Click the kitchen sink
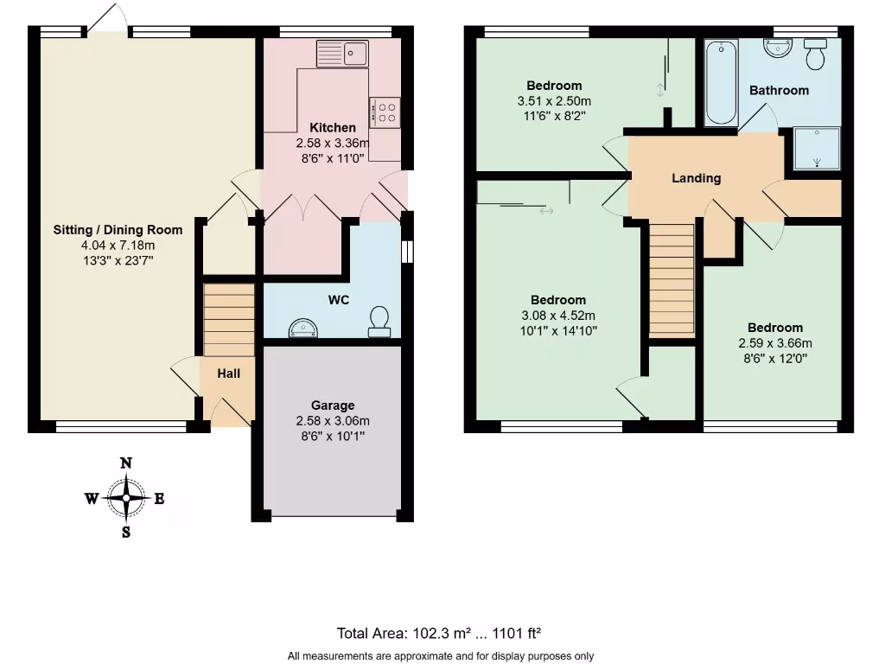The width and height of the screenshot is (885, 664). (x=342, y=54)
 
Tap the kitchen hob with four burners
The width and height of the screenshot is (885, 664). (x=385, y=112)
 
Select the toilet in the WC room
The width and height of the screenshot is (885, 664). (x=379, y=321)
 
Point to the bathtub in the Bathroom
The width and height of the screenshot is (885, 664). (x=721, y=83)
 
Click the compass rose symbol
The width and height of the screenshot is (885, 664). (x=126, y=498)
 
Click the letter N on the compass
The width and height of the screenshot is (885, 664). (x=126, y=463)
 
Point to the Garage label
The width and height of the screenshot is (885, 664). (x=333, y=405)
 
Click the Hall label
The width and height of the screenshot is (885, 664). (x=228, y=373)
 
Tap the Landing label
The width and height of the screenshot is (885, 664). (x=697, y=178)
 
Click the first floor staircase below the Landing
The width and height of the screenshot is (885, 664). (x=672, y=280)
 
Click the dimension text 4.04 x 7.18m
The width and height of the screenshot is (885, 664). (x=118, y=245)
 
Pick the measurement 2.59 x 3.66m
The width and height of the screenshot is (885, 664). (x=775, y=342)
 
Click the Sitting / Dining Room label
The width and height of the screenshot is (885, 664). (x=118, y=230)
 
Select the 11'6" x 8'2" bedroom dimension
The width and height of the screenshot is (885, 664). (x=554, y=116)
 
